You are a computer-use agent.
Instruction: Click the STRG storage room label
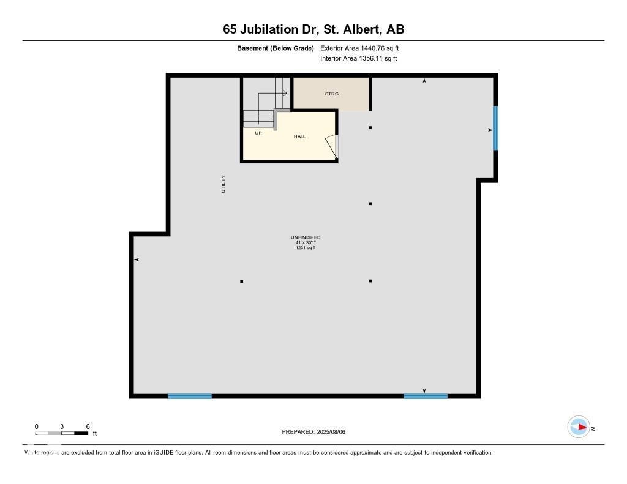click(x=331, y=94)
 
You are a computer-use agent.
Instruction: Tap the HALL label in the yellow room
click(x=299, y=136)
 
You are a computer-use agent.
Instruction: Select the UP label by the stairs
click(x=258, y=133)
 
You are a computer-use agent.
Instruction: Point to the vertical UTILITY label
click(x=223, y=184)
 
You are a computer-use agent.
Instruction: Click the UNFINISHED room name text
click(x=306, y=237)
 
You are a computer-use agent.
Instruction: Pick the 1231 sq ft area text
click(x=306, y=248)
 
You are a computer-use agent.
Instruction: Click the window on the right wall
click(x=495, y=128)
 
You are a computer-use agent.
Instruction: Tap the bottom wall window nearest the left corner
click(x=190, y=396)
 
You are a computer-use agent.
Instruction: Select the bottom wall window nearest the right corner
click(x=426, y=396)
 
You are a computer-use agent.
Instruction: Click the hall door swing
click(x=331, y=146)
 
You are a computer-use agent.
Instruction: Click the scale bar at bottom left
click(x=62, y=433)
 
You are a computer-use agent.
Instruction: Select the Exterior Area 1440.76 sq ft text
click(x=359, y=48)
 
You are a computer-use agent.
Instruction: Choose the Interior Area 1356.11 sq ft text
click(x=358, y=59)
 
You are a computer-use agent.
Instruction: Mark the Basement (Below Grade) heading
click(x=276, y=48)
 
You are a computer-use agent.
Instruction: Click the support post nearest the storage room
click(x=370, y=127)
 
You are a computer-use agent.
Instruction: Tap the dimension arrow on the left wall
click(x=137, y=260)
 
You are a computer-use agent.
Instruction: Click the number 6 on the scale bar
click(x=88, y=426)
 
